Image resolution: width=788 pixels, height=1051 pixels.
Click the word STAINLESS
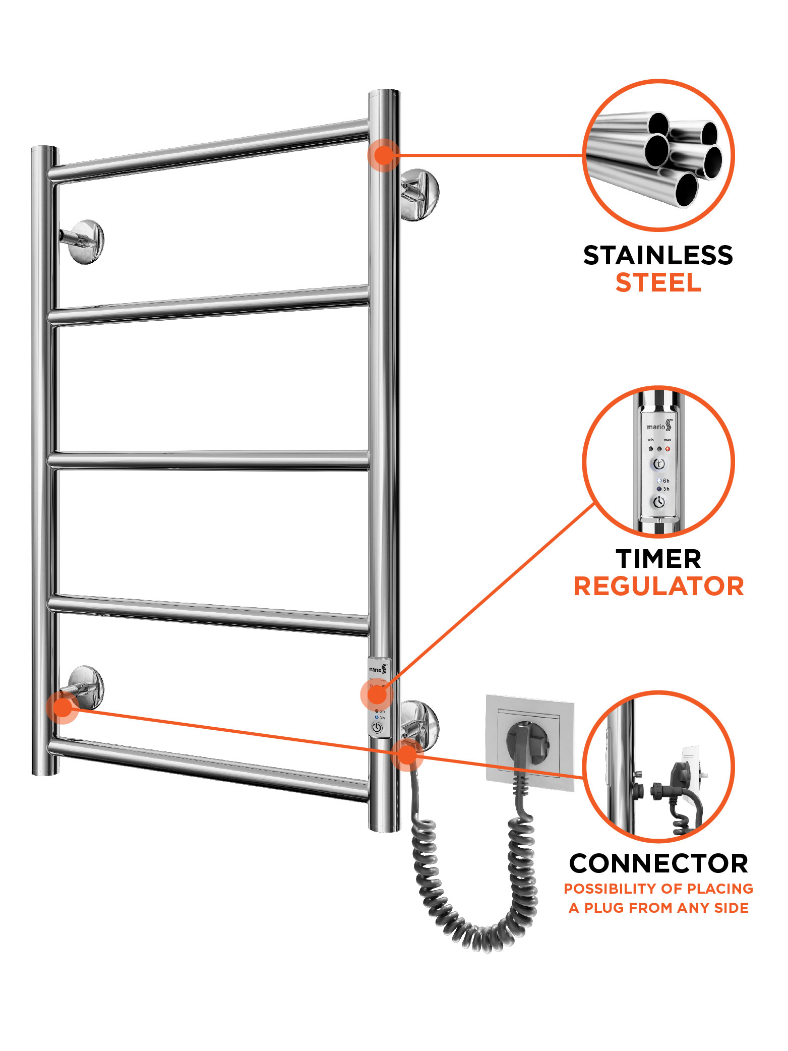click(x=658, y=256)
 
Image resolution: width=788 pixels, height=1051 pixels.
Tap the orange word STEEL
click(x=658, y=283)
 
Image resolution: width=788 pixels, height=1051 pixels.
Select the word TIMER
click(x=658, y=559)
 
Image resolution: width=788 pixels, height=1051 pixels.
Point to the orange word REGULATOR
click(x=658, y=587)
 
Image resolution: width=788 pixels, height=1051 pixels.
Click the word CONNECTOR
click(x=658, y=864)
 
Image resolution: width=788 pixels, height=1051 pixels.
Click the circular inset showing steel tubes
click(x=658, y=155)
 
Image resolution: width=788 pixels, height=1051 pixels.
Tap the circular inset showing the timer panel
click(x=658, y=461)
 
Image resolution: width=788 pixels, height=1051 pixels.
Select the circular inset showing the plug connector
click(x=658, y=767)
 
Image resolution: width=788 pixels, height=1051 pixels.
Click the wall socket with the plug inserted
click(x=529, y=741)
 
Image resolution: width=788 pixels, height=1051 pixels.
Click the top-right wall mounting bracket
click(x=419, y=194)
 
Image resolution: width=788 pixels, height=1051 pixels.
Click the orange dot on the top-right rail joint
click(x=384, y=155)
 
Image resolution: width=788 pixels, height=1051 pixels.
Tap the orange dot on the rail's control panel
click(x=377, y=695)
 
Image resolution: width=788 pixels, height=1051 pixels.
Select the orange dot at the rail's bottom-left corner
click(x=63, y=707)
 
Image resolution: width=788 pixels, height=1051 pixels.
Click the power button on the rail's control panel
click(x=377, y=728)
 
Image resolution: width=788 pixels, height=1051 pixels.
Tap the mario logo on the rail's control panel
click(x=378, y=670)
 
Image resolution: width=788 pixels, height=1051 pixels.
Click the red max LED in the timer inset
click(x=668, y=448)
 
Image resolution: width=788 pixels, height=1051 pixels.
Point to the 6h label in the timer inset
click(x=666, y=481)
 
